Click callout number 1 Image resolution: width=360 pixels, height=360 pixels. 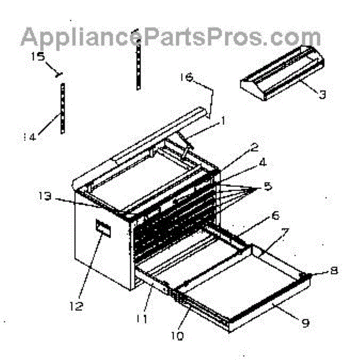pyautogui.click(x=223, y=121)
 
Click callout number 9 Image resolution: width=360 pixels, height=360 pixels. pyautogui.click(x=305, y=323)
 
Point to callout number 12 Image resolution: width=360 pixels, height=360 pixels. pyautogui.click(x=75, y=305)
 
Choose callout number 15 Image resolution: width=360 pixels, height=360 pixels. pyautogui.click(x=38, y=57)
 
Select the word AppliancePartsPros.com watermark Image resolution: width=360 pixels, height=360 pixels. pyautogui.click(x=170, y=37)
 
